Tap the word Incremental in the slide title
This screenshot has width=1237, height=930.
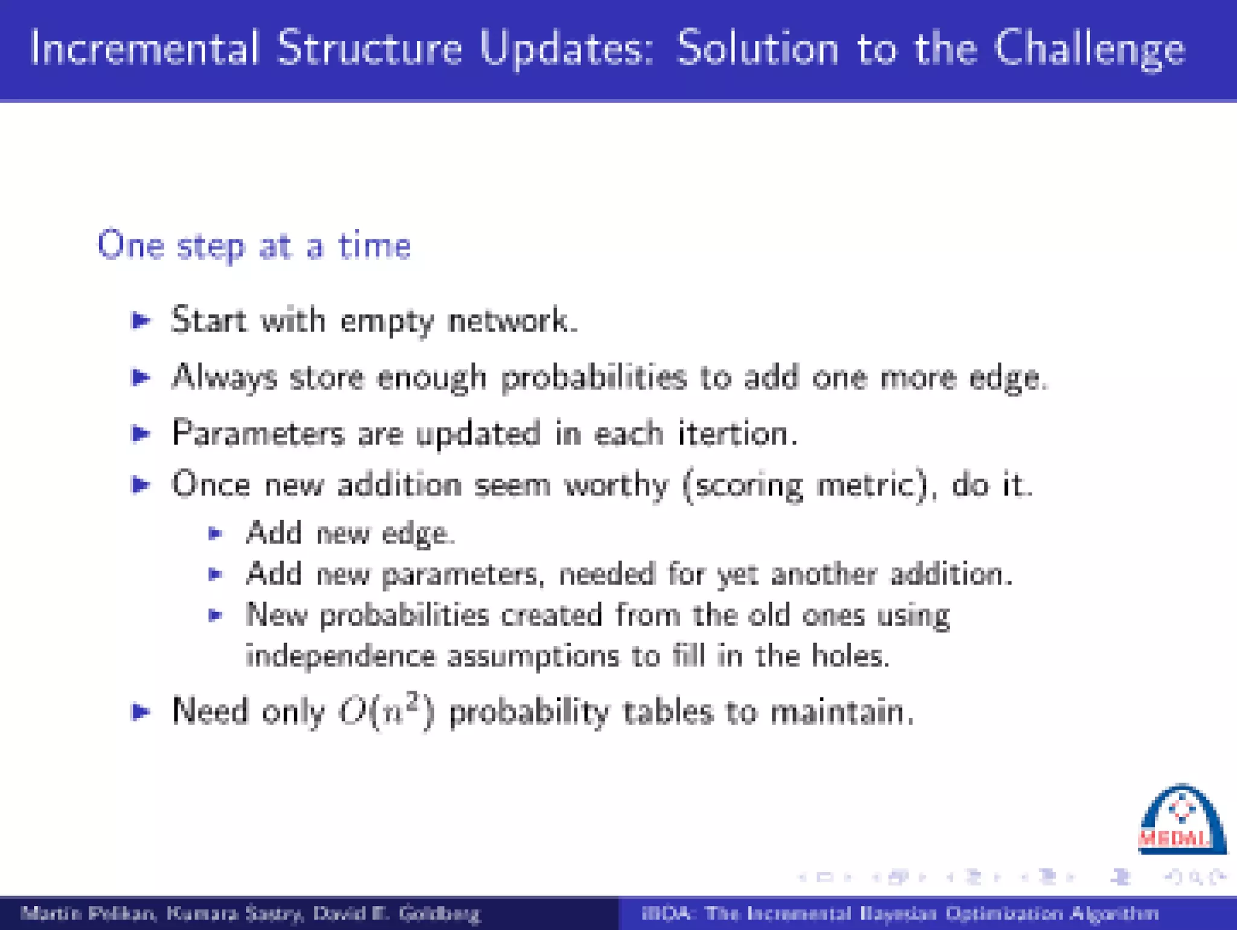pos(144,48)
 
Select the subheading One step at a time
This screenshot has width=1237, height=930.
pos(254,246)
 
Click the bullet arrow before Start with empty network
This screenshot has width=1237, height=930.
pos(141,320)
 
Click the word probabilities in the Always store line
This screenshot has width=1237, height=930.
pos(594,378)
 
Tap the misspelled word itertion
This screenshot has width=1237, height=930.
pos(736,433)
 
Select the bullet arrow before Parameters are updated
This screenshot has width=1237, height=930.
pos(141,433)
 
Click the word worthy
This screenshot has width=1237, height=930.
pos(615,485)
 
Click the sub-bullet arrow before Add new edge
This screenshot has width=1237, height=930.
pos(216,534)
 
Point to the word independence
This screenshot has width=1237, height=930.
pos(341,656)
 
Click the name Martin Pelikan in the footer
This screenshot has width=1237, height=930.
pos(88,913)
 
